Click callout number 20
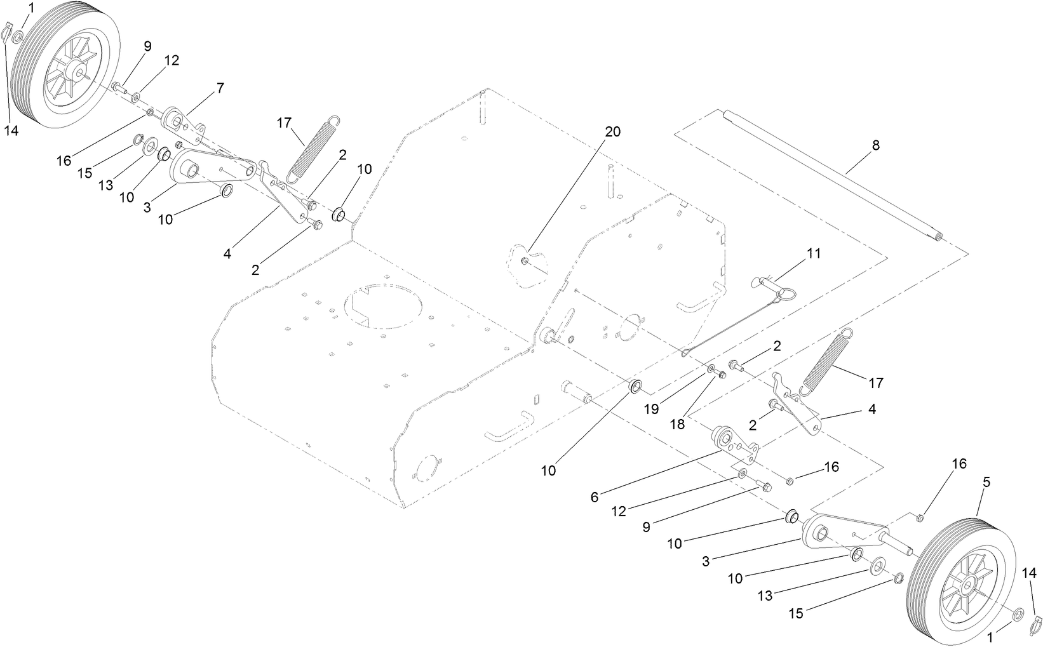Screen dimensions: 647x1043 pyautogui.click(x=612, y=131)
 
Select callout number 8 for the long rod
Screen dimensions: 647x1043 pyautogui.click(x=875, y=145)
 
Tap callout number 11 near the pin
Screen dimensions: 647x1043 pyautogui.click(x=814, y=254)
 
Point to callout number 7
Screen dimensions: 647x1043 pyautogui.click(x=220, y=89)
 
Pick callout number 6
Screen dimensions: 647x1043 pyautogui.click(x=595, y=497)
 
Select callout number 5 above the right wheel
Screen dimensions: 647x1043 pyautogui.click(x=986, y=483)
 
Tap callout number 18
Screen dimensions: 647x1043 pyautogui.click(x=678, y=424)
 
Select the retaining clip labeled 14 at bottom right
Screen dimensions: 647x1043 pyautogui.click(x=1036, y=625)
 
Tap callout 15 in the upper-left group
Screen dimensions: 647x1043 pyautogui.click(x=85, y=173)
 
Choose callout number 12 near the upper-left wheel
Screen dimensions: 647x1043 pyautogui.click(x=172, y=60)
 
